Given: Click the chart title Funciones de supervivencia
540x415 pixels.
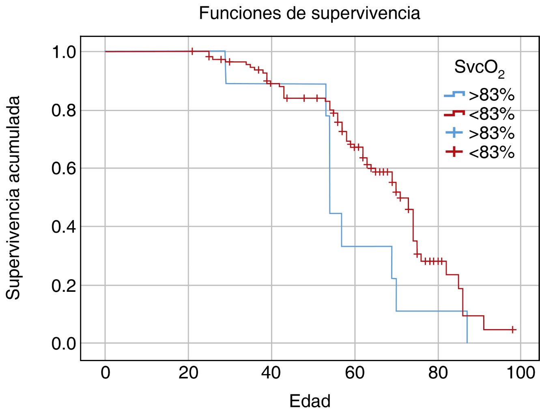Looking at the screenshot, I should [309, 13].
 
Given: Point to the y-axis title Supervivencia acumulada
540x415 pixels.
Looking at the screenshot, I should [13, 198].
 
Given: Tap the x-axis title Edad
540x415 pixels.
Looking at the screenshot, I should [310, 401].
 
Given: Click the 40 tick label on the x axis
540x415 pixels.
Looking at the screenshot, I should [271, 372].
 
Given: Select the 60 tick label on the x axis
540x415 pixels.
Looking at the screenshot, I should [355, 372].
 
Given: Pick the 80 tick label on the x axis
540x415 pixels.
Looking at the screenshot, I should [438, 372].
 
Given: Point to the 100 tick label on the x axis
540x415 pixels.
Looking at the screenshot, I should [521, 372].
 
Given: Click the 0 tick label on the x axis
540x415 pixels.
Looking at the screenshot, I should [105, 372].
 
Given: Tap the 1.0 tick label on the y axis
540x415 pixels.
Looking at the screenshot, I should [64, 52].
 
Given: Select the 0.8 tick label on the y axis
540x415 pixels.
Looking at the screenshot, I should [64, 110].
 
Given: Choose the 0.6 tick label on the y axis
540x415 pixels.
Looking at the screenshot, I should [64, 168].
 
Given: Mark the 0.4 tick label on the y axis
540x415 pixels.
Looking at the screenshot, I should [64, 227].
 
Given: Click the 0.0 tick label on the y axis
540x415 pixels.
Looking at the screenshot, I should [64, 343].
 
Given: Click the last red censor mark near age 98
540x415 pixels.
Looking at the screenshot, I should [513, 329].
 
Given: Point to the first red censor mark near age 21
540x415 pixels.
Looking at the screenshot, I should [192, 51].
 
